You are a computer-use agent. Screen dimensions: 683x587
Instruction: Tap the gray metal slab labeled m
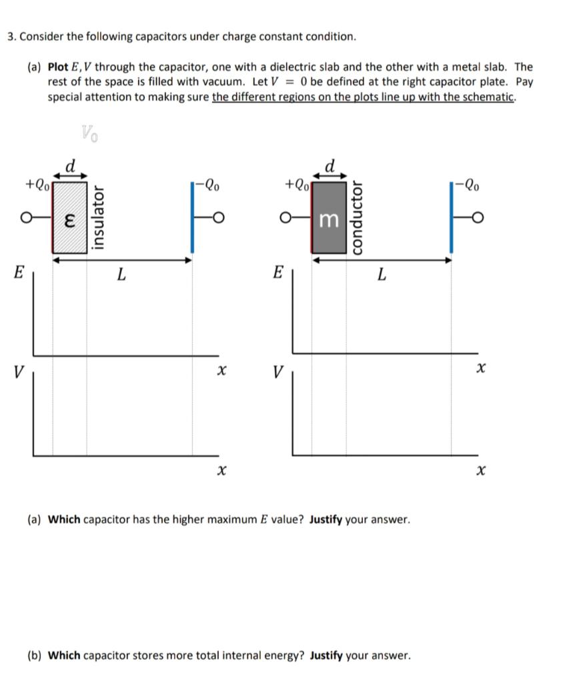point(328,217)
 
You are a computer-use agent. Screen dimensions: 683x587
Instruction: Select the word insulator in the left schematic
point(99,217)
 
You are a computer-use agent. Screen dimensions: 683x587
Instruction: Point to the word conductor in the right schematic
point(357,217)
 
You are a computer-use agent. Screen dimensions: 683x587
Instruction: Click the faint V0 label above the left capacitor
point(89,134)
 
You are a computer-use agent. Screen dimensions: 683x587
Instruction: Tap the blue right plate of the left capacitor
point(193,217)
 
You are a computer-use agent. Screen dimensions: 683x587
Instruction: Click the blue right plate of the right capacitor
point(452,217)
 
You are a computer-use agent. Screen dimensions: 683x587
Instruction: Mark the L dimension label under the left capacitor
point(121,273)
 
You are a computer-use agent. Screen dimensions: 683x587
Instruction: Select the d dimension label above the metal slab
point(330,164)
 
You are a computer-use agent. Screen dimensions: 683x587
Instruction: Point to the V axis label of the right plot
point(277,372)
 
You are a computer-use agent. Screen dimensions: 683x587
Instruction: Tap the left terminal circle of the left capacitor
point(26,217)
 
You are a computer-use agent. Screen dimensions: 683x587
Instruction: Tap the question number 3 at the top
point(11,36)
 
